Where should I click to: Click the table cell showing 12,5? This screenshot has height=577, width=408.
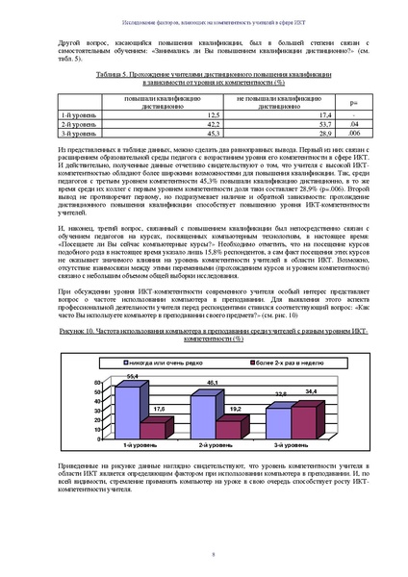[x=189, y=114]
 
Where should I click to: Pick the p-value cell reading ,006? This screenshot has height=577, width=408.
[x=354, y=134]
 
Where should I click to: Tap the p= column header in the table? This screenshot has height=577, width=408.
[x=354, y=101]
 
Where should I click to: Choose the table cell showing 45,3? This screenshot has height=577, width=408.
[x=189, y=134]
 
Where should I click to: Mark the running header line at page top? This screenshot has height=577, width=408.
[x=204, y=19]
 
